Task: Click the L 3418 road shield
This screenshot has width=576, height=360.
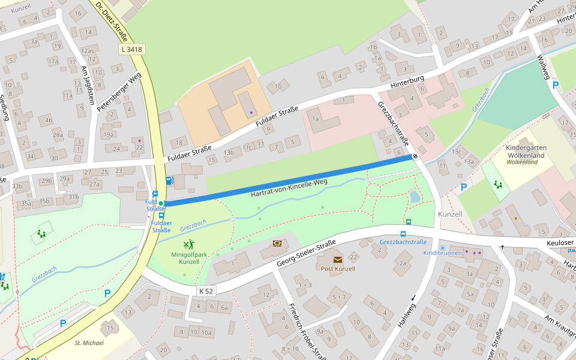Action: [131, 49]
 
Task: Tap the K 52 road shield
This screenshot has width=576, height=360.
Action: [206, 290]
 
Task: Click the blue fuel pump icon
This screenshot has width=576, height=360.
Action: [170, 181]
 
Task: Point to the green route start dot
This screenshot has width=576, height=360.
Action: [161, 203]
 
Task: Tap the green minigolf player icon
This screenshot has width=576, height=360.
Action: [189, 244]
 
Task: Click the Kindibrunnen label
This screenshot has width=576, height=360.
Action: [443, 253]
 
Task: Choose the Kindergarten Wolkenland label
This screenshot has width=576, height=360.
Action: [525, 152]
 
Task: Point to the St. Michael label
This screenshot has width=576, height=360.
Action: [89, 343]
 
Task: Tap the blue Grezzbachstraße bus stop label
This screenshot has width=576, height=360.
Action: [403, 242]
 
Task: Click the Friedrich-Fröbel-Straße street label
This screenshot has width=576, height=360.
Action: [307, 330]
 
